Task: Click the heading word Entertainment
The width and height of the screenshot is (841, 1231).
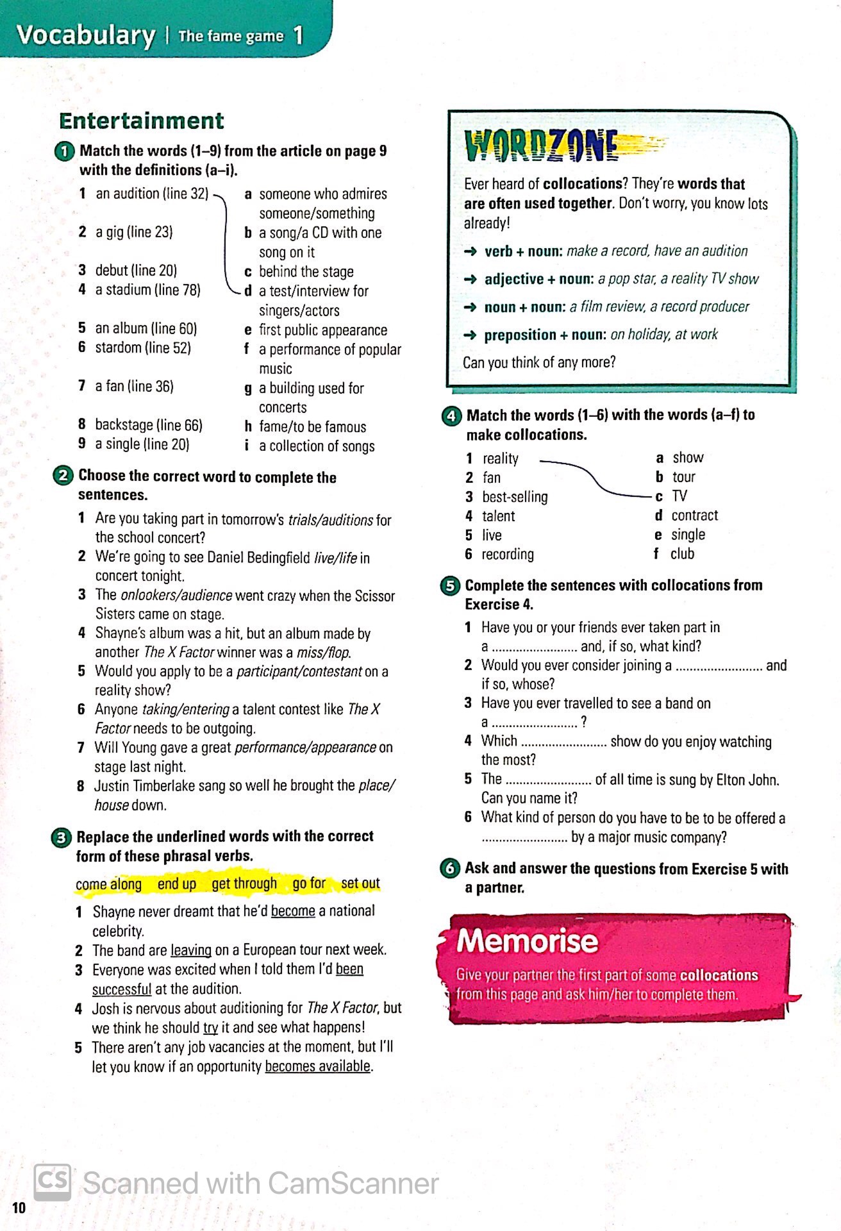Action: click(x=141, y=121)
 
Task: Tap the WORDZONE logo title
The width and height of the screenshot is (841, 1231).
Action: click(x=542, y=146)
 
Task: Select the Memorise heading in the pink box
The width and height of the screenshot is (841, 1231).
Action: click(x=527, y=941)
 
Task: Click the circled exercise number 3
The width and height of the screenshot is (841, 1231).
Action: click(x=61, y=837)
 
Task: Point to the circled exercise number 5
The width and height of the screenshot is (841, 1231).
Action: click(x=450, y=585)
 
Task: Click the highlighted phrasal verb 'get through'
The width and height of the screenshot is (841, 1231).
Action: click(x=244, y=883)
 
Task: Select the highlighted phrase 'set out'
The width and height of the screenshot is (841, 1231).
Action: click(x=360, y=883)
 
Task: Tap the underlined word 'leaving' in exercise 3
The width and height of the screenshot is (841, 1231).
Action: click(x=191, y=950)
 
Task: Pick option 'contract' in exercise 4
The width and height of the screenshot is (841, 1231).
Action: click(x=694, y=515)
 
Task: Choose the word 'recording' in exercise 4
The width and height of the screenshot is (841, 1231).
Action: click(x=508, y=554)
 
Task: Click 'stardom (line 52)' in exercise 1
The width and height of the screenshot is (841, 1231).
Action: click(x=143, y=348)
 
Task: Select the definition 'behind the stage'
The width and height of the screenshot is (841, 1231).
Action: click(x=306, y=271)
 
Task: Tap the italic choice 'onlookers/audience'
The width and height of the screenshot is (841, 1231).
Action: click(x=176, y=595)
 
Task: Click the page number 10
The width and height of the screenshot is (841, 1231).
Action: click(x=19, y=1208)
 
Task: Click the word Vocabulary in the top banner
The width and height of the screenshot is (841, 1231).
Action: click(x=86, y=35)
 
